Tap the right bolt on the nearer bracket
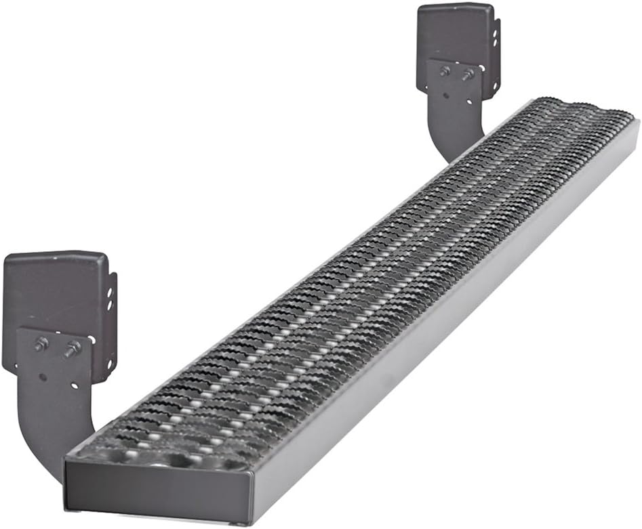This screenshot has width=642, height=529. [73, 349]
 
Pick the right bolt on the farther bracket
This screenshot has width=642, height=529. [468, 73]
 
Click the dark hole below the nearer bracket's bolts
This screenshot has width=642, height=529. [43, 377]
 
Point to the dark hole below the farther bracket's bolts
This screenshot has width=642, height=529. [446, 96]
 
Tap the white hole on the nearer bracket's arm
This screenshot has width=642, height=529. [73, 386]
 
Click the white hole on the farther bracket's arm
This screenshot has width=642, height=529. [469, 102]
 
